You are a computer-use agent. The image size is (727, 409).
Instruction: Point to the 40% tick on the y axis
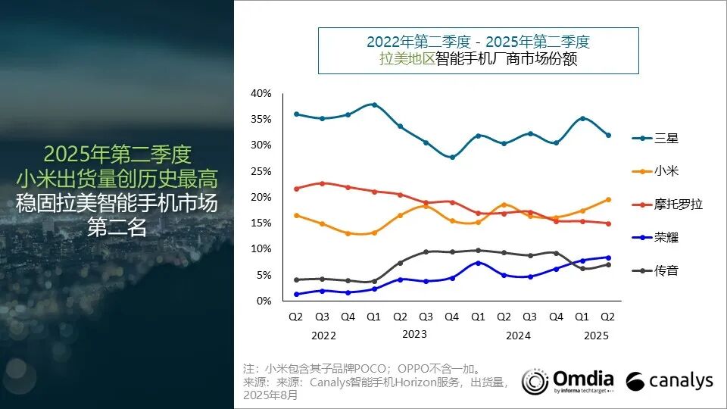pos(261,93)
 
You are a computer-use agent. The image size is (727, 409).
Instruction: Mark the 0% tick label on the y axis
pos(264,301)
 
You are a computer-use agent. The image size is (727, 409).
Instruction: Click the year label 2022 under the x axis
pos(323,335)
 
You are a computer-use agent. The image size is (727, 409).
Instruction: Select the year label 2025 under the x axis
pos(596,335)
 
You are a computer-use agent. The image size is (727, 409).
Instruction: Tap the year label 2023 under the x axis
pos(414,334)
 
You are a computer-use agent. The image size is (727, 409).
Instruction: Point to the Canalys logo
pos(669,380)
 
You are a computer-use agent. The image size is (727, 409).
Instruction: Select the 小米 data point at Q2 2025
pos(608,200)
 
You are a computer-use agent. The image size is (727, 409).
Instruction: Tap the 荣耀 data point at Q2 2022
pos(297,294)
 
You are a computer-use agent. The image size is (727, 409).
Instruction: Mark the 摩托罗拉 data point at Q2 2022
pos(297,189)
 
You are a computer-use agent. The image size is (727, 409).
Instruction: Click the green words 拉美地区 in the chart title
pos(407,58)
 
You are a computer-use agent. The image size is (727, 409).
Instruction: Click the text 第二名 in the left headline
pos(117,226)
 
